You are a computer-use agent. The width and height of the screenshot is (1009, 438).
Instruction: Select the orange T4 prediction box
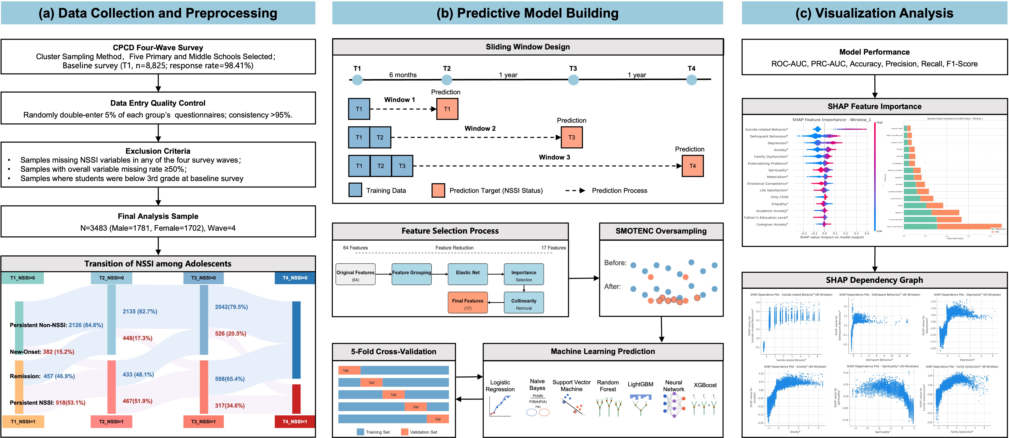(x=693, y=166)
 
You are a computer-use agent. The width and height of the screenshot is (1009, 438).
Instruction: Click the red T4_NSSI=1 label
(x=295, y=422)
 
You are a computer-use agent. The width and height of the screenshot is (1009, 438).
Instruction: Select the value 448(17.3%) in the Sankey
(x=138, y=338)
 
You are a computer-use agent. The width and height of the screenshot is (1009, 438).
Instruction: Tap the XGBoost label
(x=705, y=385)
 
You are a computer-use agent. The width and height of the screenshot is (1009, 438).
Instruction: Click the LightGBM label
(x=640, y=384)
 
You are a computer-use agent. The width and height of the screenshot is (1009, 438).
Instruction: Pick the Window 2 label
(x=480, y=128)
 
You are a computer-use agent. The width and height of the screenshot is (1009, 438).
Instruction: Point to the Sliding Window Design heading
(x=528, y=47)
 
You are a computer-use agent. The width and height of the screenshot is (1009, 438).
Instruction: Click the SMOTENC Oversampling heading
(x=661, y=231)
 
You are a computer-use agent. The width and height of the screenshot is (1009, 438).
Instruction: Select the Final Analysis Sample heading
(x=158, y=216)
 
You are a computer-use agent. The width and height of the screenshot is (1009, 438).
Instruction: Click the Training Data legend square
(x=355, y=190)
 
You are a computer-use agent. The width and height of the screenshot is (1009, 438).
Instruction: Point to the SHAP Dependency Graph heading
(x=874, y=280)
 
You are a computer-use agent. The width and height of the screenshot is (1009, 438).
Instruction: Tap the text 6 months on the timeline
(x=403, y=75)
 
